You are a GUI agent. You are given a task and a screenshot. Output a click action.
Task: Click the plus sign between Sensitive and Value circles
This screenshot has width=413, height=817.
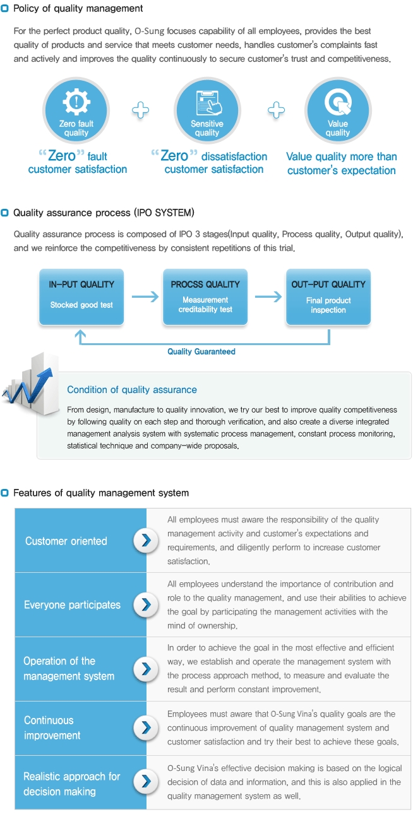tap(275, 111)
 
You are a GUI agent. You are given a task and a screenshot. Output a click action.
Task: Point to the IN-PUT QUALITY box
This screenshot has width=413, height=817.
tap(81, 297)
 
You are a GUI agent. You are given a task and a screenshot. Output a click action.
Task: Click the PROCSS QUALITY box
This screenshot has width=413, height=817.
tap(205, 297)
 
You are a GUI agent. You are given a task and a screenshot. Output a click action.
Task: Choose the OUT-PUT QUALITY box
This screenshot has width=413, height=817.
tap(328, 297)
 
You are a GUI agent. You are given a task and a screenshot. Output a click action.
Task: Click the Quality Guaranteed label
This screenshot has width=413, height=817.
tap(201, 351)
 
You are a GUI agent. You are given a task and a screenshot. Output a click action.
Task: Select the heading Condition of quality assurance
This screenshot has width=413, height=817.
tap(132, 390)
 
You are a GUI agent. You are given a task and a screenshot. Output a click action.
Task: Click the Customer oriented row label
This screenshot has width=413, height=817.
tap(66, 541)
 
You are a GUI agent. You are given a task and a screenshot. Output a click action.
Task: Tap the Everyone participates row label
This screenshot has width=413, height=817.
tap(72, 604)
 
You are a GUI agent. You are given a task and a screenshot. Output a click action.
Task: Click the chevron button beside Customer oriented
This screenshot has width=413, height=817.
tap(147, 541)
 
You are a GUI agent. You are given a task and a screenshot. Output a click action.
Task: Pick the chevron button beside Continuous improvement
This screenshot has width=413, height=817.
tap(147, 727)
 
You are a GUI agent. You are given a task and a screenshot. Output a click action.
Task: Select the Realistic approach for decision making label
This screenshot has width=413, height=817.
tap(71, 784)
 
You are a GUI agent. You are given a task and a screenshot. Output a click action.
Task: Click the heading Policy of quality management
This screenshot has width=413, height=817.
tap(78, 9)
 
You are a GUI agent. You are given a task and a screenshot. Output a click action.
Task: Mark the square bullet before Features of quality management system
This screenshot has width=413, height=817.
tap(6, 493)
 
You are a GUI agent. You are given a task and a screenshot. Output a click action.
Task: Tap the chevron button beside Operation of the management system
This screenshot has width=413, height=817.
tap(147, 668)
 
